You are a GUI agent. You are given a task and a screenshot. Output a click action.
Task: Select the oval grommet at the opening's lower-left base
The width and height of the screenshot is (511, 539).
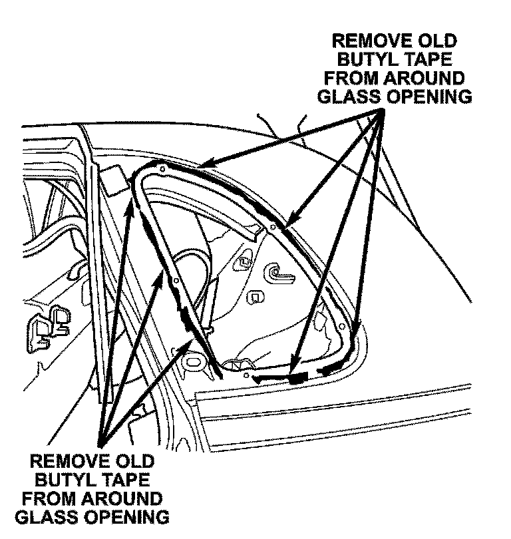194,363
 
